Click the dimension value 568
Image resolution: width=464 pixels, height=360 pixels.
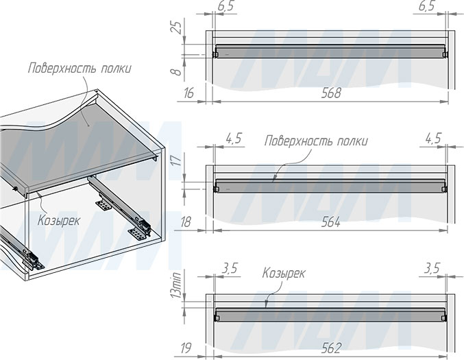pyautogui.click(x=331, y=93)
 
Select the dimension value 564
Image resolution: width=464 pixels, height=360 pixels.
pyautogui.click(x=330, y=222)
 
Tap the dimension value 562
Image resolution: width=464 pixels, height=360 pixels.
pyautogui.click(x=331, y=348)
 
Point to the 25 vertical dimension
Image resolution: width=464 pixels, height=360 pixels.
pyautogui.click(x=177, y=27)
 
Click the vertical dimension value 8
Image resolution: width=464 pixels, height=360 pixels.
pyautogui.click(x=177, y=72)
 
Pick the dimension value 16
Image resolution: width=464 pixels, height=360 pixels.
pyautogui.click(x=188, y=93)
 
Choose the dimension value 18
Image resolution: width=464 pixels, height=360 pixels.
pyautogui.click(x=186, y=222)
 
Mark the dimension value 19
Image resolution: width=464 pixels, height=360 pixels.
pyautogui.click(x=186, y=348)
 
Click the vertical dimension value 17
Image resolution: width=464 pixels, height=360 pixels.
pyautogui.click(x=177, y=160)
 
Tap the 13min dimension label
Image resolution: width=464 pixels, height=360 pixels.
pyautogui.click(x=177, y=285)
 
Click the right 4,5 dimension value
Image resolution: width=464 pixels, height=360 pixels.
pyautogui.click(x=433, y=139)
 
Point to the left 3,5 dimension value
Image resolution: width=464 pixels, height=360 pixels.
pyautogui.click(x=229, y=269)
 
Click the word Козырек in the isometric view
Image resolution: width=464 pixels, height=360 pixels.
pyautogui.click(x=58, y=221)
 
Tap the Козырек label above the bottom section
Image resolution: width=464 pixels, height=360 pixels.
pyautogui.click(x=284, y=273)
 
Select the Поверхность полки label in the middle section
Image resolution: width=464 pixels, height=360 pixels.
pyautogui.click(x=316, y=141)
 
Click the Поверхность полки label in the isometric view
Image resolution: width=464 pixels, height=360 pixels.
pyautogui.click(x=80, y=69)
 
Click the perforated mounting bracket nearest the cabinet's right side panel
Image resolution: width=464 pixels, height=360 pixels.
pyautogui.click(x=138, y=234)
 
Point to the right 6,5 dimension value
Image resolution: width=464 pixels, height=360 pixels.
pyautogui.click(x=427, y=6)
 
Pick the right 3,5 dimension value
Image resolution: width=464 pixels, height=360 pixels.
pyautogui.click(x=431, y=269)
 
